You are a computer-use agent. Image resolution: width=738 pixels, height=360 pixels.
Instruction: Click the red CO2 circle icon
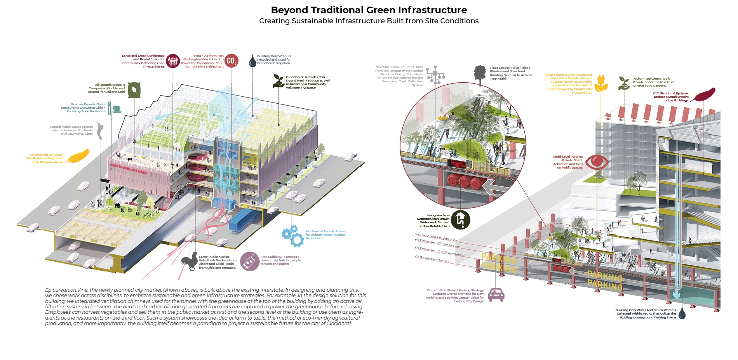point(231,61)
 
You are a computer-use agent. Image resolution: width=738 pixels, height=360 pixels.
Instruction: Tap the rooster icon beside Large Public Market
point(190,261)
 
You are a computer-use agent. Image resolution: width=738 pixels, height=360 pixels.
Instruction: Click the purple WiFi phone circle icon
point(249,261)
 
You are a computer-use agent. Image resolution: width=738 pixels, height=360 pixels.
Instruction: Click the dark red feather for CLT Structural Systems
point(703,94)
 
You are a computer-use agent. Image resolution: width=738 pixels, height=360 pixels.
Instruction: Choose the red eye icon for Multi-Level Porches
point(597,162)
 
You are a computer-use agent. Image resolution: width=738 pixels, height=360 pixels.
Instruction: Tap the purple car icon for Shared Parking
point(496,295)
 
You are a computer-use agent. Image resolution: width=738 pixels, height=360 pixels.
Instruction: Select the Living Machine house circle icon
point(461,219)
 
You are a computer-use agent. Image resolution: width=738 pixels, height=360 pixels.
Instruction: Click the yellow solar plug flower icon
point(601,83)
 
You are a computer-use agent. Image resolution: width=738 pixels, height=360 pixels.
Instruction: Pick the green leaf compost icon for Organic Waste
point(134,90)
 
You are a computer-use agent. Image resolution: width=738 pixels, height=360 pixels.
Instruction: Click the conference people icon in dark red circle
point(173,61)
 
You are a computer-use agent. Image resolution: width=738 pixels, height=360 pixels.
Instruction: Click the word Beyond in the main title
point(288,10)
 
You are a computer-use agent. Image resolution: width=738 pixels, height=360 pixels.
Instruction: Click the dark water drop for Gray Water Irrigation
point(252,61)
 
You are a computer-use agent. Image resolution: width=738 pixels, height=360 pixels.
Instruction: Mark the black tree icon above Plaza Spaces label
point(480,74)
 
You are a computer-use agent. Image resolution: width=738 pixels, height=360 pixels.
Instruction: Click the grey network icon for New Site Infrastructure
point(435,75)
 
